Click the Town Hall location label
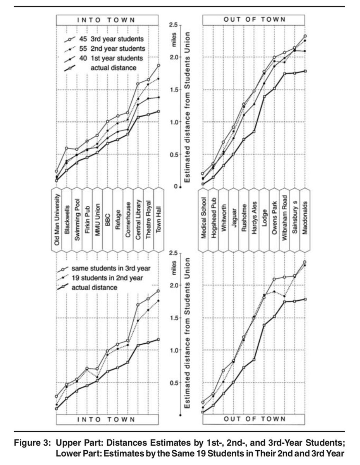(158, 219)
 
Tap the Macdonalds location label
(305, 219)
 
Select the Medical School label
(203, 219)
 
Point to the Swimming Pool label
(77, 219)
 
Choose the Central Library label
(138, 219)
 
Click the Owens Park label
(274, 219)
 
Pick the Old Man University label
(57, 219)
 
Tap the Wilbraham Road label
(285, 219)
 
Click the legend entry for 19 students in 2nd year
(103, 277)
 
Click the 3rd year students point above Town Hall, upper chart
(158, 65)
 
